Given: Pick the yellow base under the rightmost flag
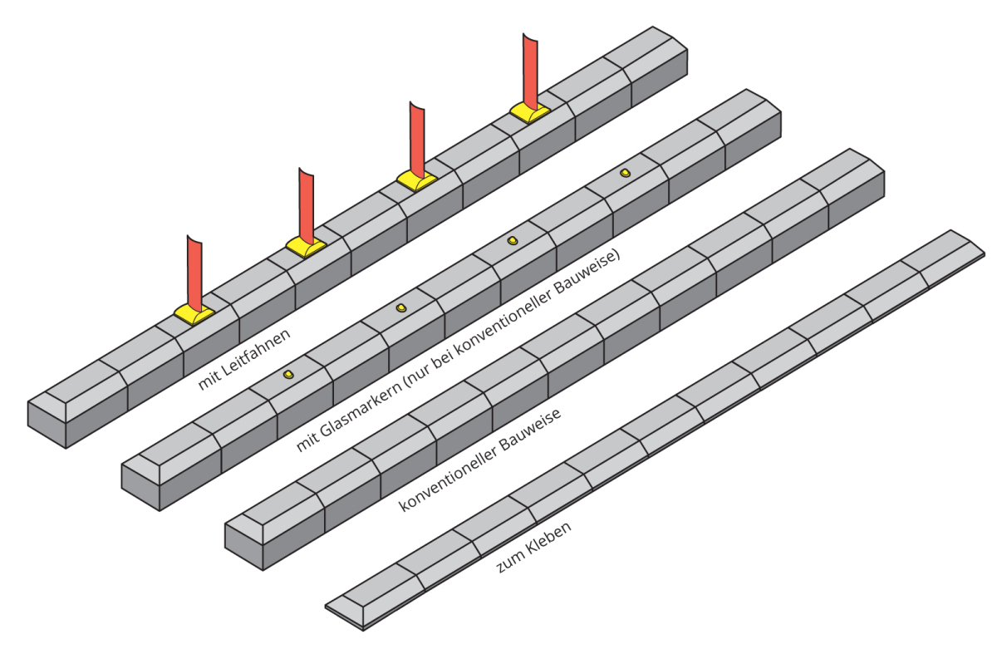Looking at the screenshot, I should (x=529, y=113).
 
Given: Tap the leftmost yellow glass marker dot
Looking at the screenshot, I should (x=288, y=375).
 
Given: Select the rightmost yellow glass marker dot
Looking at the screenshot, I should (x=625, y=173).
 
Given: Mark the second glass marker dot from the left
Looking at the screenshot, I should (x=401, y=307).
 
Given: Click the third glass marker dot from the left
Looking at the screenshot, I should (x=513, y=240).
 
